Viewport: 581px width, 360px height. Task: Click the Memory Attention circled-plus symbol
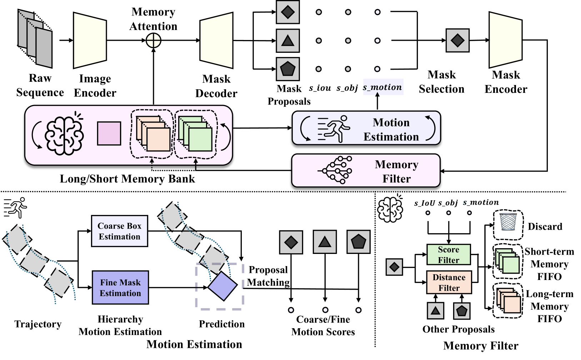154,40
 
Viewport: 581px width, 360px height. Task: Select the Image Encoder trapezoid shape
90,40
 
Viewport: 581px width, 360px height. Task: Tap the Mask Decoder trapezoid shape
216,40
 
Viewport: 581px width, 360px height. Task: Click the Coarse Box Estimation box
120,231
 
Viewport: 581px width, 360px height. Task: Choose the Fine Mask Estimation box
120,287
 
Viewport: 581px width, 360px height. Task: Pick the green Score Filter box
449,255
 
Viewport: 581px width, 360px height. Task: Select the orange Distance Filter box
449,282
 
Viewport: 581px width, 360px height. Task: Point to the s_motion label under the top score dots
382,87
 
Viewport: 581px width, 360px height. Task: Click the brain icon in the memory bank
64,135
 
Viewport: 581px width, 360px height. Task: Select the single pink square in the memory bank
109,134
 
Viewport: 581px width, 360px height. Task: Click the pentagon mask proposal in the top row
287,69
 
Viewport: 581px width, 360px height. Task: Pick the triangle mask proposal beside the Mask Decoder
287,41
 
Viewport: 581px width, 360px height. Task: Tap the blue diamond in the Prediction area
222,286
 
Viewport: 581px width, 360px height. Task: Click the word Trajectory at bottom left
38,324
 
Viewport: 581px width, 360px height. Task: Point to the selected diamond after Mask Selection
457,40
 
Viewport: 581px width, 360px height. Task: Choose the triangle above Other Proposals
435,310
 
